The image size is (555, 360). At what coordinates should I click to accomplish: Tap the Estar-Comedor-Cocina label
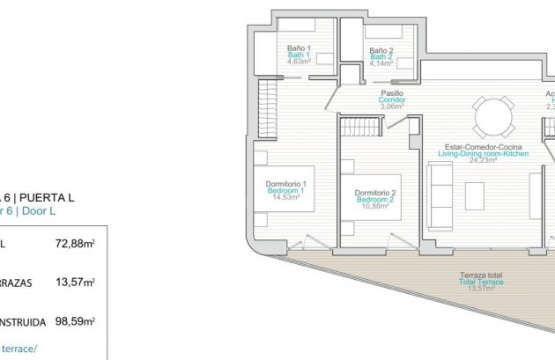483,146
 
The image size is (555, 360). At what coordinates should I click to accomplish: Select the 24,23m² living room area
483,160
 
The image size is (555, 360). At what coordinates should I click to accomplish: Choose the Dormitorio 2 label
374,193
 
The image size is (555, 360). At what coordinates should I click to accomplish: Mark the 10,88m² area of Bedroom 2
374,207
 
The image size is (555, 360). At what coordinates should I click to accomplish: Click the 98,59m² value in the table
75,321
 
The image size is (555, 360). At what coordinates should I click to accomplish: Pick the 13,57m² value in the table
75,283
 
